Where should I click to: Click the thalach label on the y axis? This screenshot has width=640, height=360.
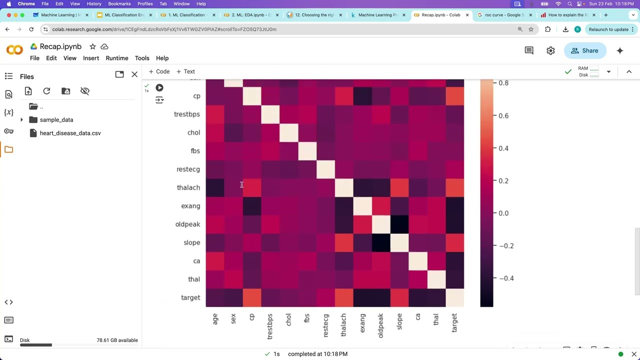coord(188,187)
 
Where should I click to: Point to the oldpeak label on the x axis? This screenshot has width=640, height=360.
coord(381,325)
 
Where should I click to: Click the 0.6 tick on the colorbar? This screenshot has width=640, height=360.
coord(503,115)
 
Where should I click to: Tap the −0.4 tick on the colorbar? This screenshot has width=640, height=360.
coord(505,278)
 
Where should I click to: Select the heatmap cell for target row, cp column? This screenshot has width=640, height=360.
coord(252,297)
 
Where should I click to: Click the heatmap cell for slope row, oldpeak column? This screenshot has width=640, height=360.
coord(381,242)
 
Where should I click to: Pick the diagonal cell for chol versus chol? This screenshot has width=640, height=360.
coord(289,132)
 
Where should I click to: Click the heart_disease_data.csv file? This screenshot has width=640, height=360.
coord(70,133)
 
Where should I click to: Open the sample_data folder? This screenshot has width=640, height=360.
coord(56,120)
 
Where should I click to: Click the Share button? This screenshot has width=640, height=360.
coord(584,50)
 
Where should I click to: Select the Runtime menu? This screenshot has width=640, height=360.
coord(117,58)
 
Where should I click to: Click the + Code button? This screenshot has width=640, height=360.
coord(159,71)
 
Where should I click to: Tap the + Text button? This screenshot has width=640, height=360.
coord(185,71)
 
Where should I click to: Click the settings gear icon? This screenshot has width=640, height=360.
coord(550,50)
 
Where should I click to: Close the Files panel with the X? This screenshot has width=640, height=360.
coord(134,74)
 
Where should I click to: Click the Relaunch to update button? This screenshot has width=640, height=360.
coord(608,29)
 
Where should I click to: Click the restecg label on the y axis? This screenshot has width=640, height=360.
coord(188,169)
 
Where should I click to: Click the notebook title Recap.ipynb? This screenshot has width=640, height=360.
coord(60,46)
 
